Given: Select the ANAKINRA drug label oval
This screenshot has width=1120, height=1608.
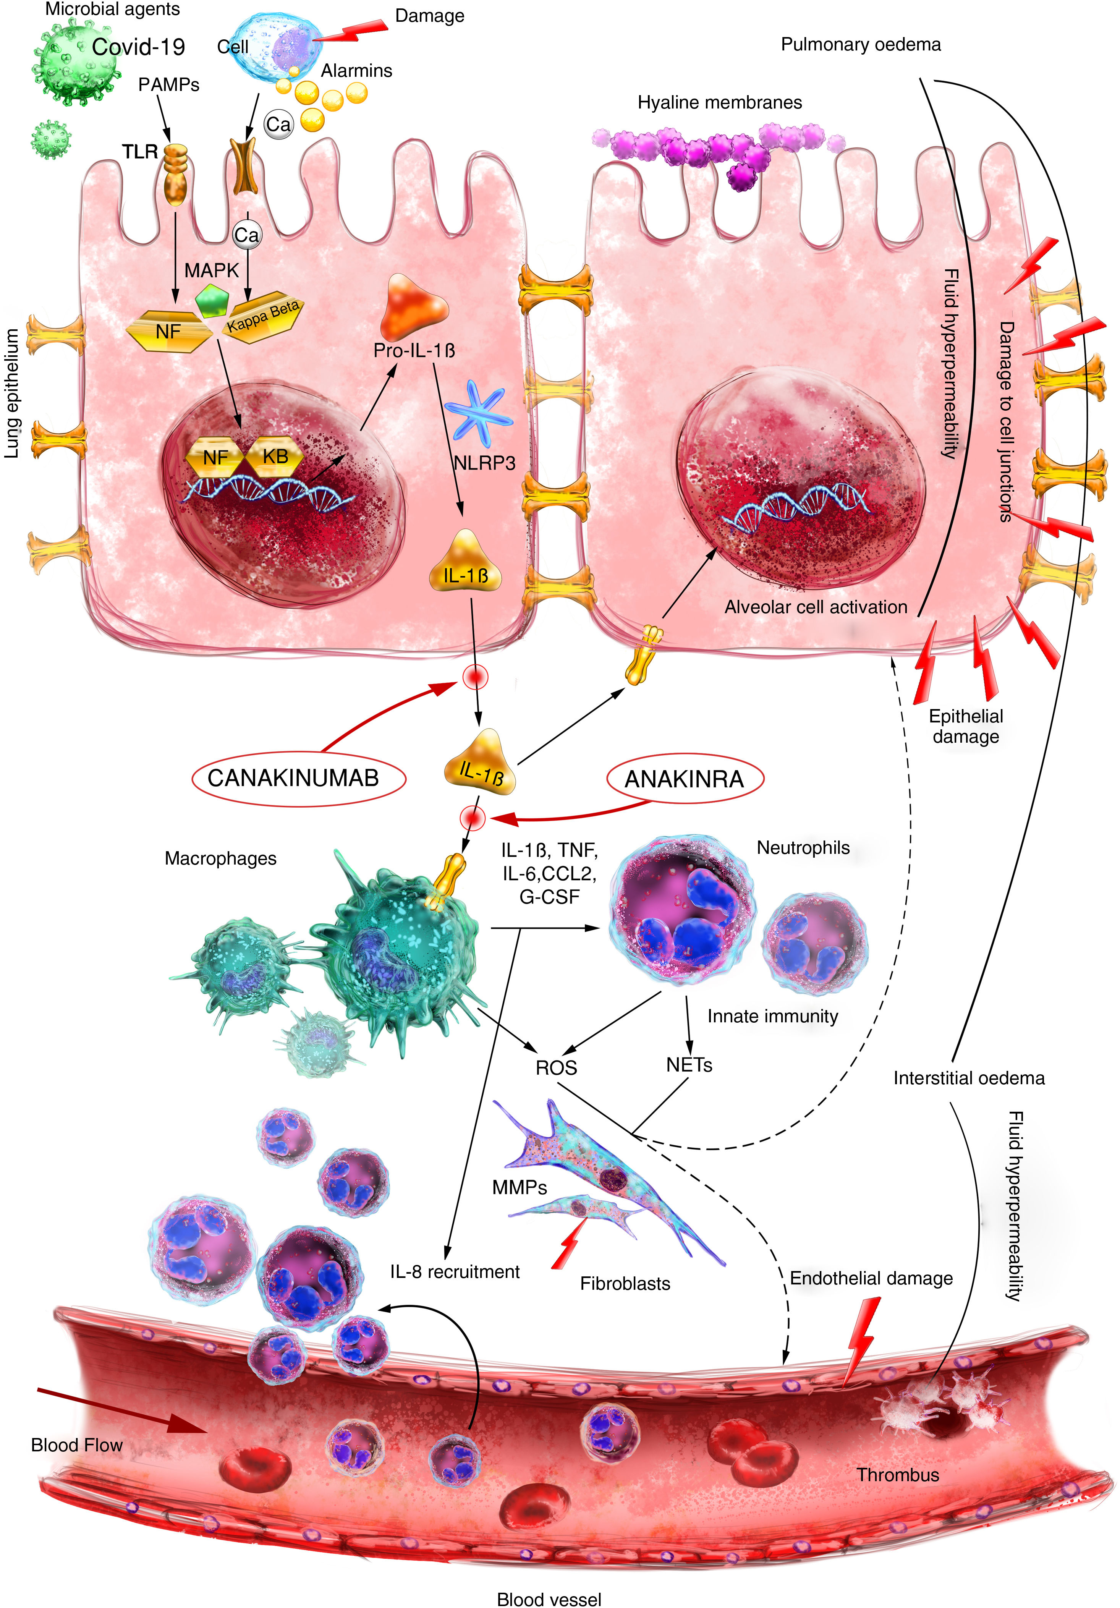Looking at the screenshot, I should pyautogui.click(x=684, y=779).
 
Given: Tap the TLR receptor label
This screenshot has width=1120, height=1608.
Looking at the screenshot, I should pyautogui.click(x=140, y=152).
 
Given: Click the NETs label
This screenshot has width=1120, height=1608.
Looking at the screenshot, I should pyautogui.click(x=688, y=1065).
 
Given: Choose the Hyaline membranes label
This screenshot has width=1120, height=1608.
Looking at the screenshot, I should pyautogui.click(x=719, y=103).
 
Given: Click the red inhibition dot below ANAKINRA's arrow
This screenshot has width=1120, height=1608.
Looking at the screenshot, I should pyautogui.click(x=472, y=817).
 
